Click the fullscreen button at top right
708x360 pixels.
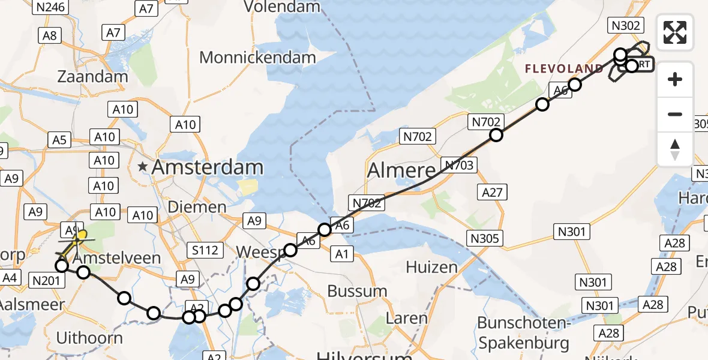pos(675,32)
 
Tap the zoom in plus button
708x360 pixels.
pos(675,79)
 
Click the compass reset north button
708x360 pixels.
pos(675,149)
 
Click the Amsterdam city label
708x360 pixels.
pos(208,167)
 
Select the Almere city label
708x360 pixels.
pos(400,171)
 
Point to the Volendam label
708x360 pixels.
pos(282,7)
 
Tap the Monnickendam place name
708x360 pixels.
pos(257,58)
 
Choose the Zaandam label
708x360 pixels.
pos(92,77)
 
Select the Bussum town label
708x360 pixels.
pos(357,292)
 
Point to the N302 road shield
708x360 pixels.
pos(626,25)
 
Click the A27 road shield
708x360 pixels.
pos(491,192)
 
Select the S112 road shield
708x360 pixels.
pos(205,250)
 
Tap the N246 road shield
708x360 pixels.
pos(50,7)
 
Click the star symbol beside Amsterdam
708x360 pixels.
pos(143,167)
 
